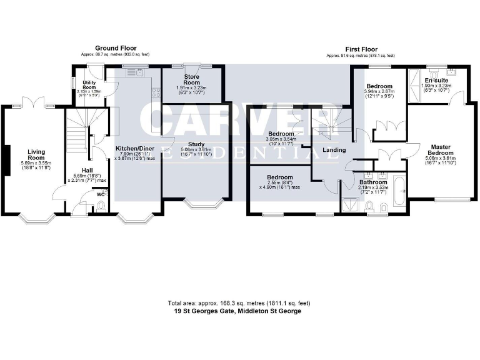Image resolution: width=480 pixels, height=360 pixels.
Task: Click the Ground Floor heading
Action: coord(116,48)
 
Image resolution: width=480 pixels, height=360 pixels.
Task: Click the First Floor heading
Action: coord(362,48)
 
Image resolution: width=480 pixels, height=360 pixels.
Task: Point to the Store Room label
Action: coord(187,80)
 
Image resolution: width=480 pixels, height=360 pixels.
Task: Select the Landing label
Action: coord(334,150)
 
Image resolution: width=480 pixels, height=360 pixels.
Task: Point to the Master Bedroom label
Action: coord(440,150)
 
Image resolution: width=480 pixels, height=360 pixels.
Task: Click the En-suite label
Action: coord(436,81)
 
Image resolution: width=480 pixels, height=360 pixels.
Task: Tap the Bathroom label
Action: coord(374,182)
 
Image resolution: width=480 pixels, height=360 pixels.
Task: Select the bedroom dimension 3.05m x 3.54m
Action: coord(281,139)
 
